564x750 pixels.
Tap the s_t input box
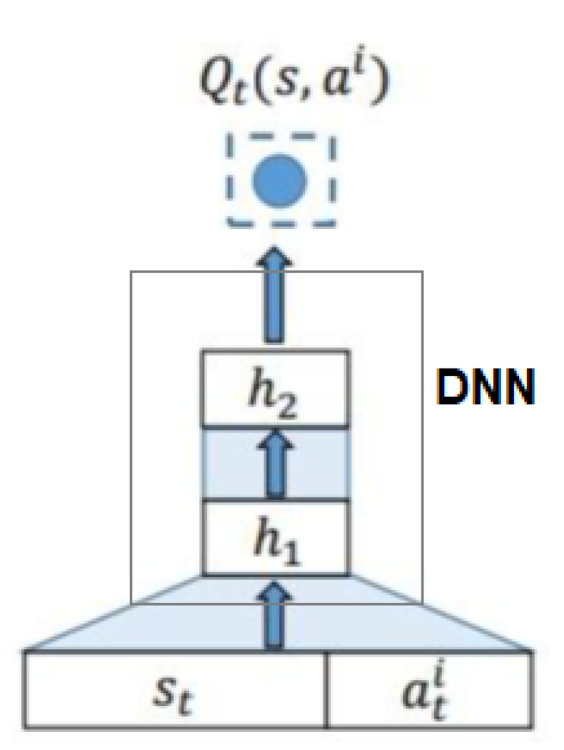(x=176, y=689)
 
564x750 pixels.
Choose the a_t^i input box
(x=428, y=689)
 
